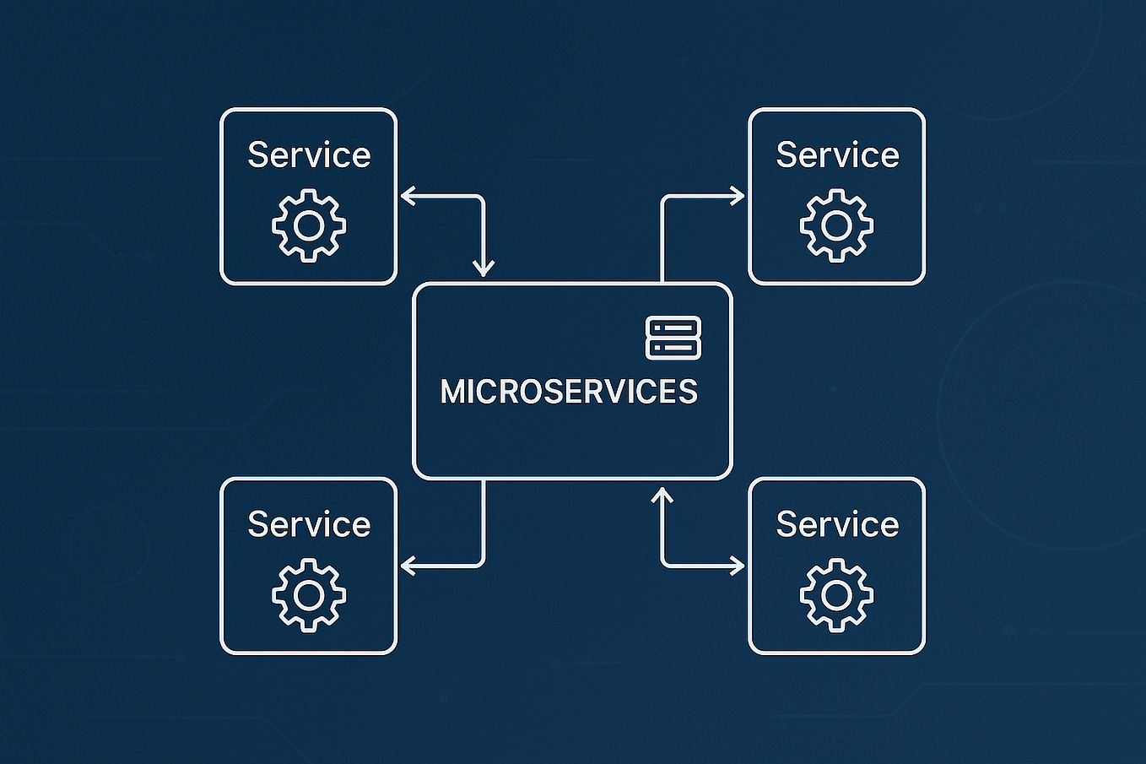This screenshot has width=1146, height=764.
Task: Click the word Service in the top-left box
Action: point(309,155)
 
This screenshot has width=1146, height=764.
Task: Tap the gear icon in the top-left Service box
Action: point(309,225)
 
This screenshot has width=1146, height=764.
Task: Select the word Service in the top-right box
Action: point(837,155)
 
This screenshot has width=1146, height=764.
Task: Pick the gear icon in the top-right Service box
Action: point(836,225)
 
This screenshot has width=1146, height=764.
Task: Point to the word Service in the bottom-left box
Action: point(309,524)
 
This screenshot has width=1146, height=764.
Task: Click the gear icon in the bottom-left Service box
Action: point(309,595)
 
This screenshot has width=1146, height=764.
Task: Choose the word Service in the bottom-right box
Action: point(837,524)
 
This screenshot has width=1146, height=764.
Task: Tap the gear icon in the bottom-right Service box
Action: point(836,595)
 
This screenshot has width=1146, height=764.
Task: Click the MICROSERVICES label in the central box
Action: point(569,392)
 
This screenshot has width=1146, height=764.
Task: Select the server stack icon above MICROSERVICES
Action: point(673,338)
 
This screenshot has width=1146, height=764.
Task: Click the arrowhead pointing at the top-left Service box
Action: point(407,197)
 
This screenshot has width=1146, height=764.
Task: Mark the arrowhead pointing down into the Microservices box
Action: point(484,269)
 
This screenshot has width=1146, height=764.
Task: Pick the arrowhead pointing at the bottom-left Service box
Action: point(407,566)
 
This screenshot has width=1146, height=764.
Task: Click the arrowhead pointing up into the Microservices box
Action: point(662,495)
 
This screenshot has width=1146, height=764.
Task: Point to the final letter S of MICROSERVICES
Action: point(689,392)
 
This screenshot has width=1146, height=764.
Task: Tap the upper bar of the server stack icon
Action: point(673,328)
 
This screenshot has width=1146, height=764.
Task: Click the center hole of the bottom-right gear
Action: point(836,595)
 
